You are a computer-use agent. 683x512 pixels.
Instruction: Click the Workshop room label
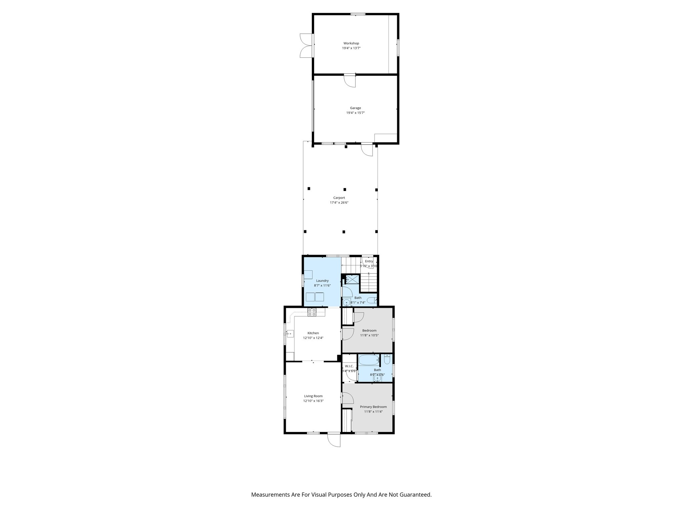pyautogui.click(x=351, y=43)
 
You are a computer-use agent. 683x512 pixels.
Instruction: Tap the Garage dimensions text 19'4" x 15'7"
pyautogui.click(x=355, y=113)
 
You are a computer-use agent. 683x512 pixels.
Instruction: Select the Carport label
pyautogui.click(x=339, y=198)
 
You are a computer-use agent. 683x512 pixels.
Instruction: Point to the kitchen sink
pyautogui.click(x=56, y=333)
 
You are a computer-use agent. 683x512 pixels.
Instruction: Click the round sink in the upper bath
pyautogui.click(x=347, y=303)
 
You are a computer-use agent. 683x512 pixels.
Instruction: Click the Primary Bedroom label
pyautogui.click(x=373, y=407)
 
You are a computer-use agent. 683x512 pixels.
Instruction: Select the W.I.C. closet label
pyautogui.click(x=349, y=366)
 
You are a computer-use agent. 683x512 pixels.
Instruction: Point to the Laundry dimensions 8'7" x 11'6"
pyautogui.click(x=322, y=286)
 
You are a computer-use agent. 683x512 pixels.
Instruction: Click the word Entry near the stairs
pyautogui.click(x=369, y=261)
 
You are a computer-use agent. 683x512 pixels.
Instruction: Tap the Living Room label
pyautogui.click(x=313, y=396)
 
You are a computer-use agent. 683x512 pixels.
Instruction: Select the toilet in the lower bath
pyautogui.click(x=387, y=360)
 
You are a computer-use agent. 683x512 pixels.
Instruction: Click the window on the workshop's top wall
pyautogui.click(x=358, y=14)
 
